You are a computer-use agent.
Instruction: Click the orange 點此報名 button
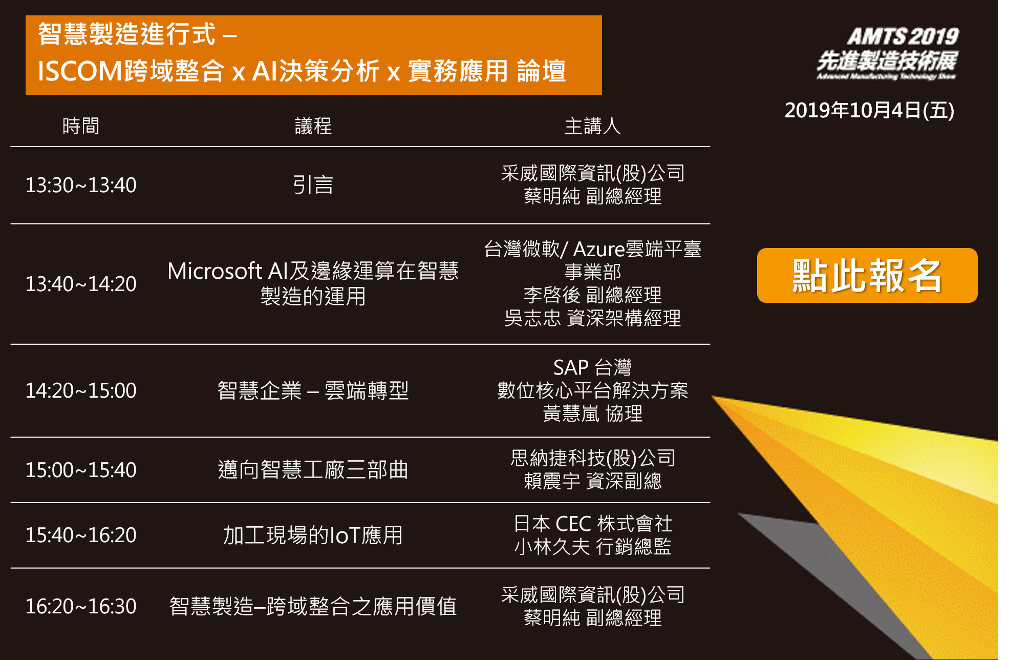point(867,275)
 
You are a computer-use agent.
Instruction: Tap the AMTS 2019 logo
point(887,53)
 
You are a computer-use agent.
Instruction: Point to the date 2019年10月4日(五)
point(869,110)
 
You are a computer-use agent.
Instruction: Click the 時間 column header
point(81,126)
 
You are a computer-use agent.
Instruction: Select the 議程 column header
point(313,126)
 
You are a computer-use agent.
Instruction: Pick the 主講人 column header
point(592,126)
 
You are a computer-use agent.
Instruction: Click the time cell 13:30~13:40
point(81,185)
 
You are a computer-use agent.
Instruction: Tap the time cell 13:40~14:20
point(81,284)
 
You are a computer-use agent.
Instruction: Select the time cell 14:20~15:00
point(81,390)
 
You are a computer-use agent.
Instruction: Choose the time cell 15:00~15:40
point(81,470)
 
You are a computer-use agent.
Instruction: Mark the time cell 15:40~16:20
point(81,535)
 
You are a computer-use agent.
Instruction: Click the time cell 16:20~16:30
point(81,606)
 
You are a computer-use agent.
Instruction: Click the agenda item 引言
point(313,185)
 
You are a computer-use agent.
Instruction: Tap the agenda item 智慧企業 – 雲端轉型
point(313,390)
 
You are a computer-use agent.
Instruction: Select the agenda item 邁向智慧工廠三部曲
point(313,470)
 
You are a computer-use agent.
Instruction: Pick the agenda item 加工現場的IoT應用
point(313,535)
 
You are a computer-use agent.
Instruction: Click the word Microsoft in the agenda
point(215,271)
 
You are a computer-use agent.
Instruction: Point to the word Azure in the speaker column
point(599,249)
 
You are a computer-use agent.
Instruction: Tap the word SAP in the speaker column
point(571,367)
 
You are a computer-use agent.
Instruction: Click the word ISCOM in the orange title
point(79,71)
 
